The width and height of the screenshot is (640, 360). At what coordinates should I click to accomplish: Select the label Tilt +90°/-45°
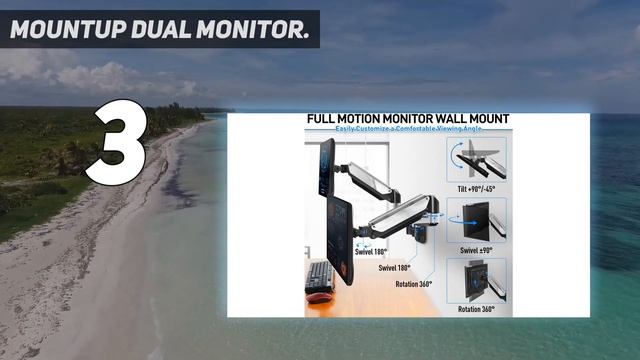(477, 188)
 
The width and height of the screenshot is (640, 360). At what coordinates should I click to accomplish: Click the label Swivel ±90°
(477, 249)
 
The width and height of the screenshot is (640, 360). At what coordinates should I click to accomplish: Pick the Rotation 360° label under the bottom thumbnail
(477, 309)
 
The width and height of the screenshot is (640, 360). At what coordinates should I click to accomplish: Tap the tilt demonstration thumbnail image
(477, 159)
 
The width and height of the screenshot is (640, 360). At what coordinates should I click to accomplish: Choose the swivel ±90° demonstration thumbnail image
(477, 220)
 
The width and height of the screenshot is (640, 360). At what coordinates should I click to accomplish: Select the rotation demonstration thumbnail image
(477, 281)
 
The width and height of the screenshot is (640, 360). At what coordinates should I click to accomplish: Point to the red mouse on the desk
(319, 297)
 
